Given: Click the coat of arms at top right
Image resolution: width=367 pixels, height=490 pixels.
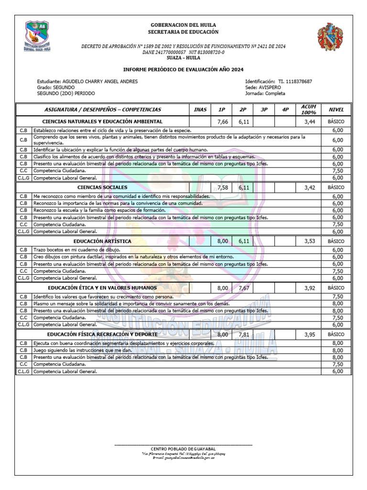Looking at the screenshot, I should coord(330,37).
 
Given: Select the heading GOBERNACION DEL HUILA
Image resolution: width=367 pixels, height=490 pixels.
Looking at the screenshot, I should coord(183,25).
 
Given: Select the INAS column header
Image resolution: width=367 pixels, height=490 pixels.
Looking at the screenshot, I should coord(200,110).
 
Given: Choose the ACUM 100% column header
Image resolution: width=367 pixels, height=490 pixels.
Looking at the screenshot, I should coord(309,110).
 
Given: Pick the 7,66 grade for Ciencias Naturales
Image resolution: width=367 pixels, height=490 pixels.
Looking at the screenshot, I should coord(222,122).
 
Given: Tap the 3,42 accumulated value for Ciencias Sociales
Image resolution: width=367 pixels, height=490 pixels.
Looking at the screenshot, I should coord(309,188).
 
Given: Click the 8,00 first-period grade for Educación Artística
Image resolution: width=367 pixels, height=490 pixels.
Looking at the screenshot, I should coord(222,241).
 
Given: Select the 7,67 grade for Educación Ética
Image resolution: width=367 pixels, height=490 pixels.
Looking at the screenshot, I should coord(244,288).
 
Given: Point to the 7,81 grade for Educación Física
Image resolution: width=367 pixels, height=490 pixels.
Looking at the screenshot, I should coord(244,334).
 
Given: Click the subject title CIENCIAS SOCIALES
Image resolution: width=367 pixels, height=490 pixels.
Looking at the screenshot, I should coord(102,188).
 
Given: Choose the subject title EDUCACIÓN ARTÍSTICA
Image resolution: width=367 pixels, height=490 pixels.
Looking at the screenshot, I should coord(102,241).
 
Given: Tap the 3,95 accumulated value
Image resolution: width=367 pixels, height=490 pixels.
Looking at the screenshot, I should coord(309,334).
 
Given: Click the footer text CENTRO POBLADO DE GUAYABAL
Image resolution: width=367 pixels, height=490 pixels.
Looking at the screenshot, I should coord(183,448).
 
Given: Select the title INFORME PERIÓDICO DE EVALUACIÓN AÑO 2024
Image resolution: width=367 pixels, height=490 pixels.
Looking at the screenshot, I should coord(183,69).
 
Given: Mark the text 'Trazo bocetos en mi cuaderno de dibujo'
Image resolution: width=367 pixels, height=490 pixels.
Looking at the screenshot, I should coord(76,250).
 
